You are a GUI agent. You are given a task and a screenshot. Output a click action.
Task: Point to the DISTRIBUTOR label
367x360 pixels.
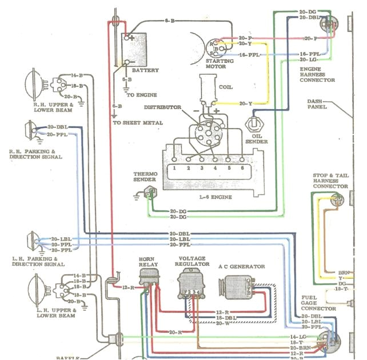point(162,107)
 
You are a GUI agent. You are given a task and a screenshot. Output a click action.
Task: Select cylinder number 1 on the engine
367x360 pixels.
point(172,169)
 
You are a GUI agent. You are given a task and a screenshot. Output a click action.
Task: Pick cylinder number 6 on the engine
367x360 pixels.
point(242,169)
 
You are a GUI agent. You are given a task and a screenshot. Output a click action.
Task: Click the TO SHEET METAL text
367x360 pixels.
point(137,122)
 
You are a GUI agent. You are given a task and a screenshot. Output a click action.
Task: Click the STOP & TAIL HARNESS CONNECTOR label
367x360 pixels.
point(330,181)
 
